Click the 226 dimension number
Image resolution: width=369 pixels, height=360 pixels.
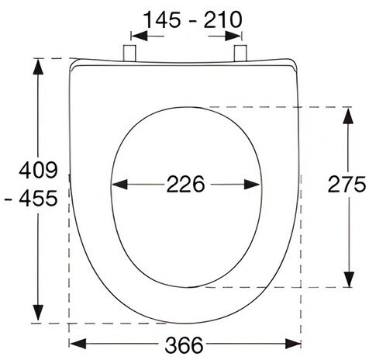click(x=185, y=184)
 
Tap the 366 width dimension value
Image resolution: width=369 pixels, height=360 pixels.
click(x=184, y=345)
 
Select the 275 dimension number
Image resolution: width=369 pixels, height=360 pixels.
click(x=347, y=184)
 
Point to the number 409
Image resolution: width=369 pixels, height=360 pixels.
click(x=38, y=170)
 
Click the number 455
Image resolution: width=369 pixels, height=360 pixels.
click(x=38, y=199)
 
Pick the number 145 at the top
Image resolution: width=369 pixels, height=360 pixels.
click(x=162, y=20)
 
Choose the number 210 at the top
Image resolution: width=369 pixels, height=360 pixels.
click(x=222, y=20)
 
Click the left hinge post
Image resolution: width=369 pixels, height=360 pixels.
click(x=129, y=54)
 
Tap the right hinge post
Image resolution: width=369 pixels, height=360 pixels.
click(x=240, y=54)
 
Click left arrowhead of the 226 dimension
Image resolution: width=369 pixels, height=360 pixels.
click(x=119, y=185)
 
